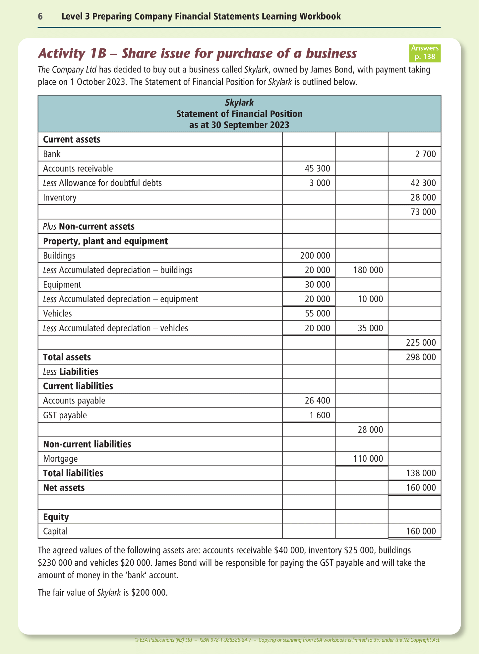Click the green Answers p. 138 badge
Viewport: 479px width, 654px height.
click(x=425, y=53)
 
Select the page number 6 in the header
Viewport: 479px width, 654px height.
click(x=40, y=16)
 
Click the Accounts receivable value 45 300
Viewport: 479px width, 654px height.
click(x=317, y=168)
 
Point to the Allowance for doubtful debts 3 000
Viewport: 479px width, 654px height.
click(x=320, y=183)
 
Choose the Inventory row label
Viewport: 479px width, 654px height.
click(x=60, y=198)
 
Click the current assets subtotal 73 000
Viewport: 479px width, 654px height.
click(x=423, y=212)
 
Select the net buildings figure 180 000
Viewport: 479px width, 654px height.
click(x=368, y=270)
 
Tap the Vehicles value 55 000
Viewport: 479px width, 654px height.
click(x=317, y=313)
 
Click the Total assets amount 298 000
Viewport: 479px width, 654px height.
click(x=421, y=357)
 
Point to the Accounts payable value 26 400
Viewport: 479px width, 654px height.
click(x=317, y=401)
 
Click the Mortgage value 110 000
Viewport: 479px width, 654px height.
click(x=368, y=459)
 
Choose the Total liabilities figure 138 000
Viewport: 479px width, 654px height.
click(x=421, y=473)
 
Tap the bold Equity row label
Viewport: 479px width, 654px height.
click(x=56, y=517)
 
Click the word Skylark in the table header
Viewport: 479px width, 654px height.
click(x=239, y=102)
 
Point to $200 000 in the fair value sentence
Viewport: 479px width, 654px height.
click(x=149, y=592)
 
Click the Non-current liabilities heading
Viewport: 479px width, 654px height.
click(x=87, y=444)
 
